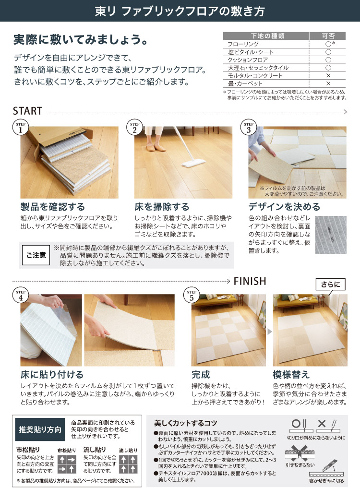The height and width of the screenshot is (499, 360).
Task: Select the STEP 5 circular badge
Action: [x=192, y=296]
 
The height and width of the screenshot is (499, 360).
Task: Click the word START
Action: [x=27, y=111]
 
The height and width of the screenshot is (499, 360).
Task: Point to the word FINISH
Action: [x=250, y=281]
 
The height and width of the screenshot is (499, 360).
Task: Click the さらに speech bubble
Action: [x=330, y=285]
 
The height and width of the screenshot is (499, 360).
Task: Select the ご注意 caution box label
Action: [x=36, y=255]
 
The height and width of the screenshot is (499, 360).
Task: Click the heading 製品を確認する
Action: [x=52, y=207]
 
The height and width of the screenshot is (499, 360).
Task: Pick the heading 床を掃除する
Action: [x=162, y=207]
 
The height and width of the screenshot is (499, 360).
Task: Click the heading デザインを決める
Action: [x=284, y=207]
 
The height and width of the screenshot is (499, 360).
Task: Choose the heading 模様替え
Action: [x=291, y=374]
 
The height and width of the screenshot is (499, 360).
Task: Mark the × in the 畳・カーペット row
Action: [x=328, y=83]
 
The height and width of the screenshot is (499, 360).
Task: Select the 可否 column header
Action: [x=328, y=36]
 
